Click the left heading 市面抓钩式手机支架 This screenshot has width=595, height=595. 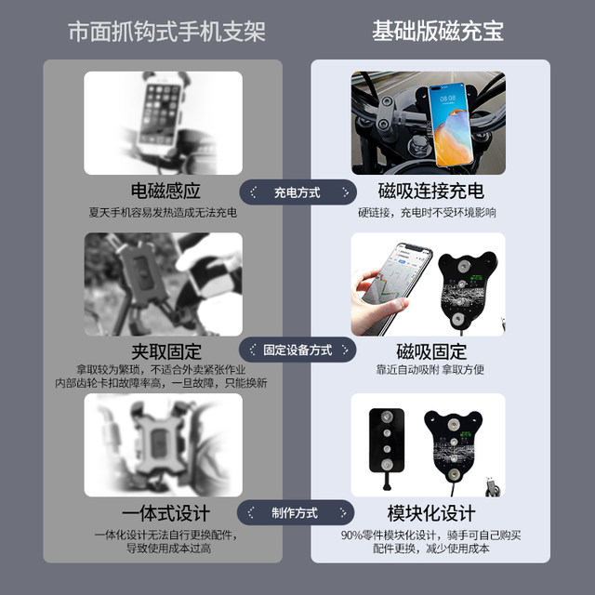[166, 31]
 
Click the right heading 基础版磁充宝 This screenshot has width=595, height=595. [438, 31]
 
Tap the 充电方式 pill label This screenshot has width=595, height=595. [297, 192]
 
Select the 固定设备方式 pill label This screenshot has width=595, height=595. [297, 351]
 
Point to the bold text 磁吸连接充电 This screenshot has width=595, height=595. [430, 192]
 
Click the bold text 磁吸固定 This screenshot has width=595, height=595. [430, 351]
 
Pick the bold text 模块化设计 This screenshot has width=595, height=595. [430, 513]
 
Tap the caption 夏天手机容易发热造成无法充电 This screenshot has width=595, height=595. [164, 213]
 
